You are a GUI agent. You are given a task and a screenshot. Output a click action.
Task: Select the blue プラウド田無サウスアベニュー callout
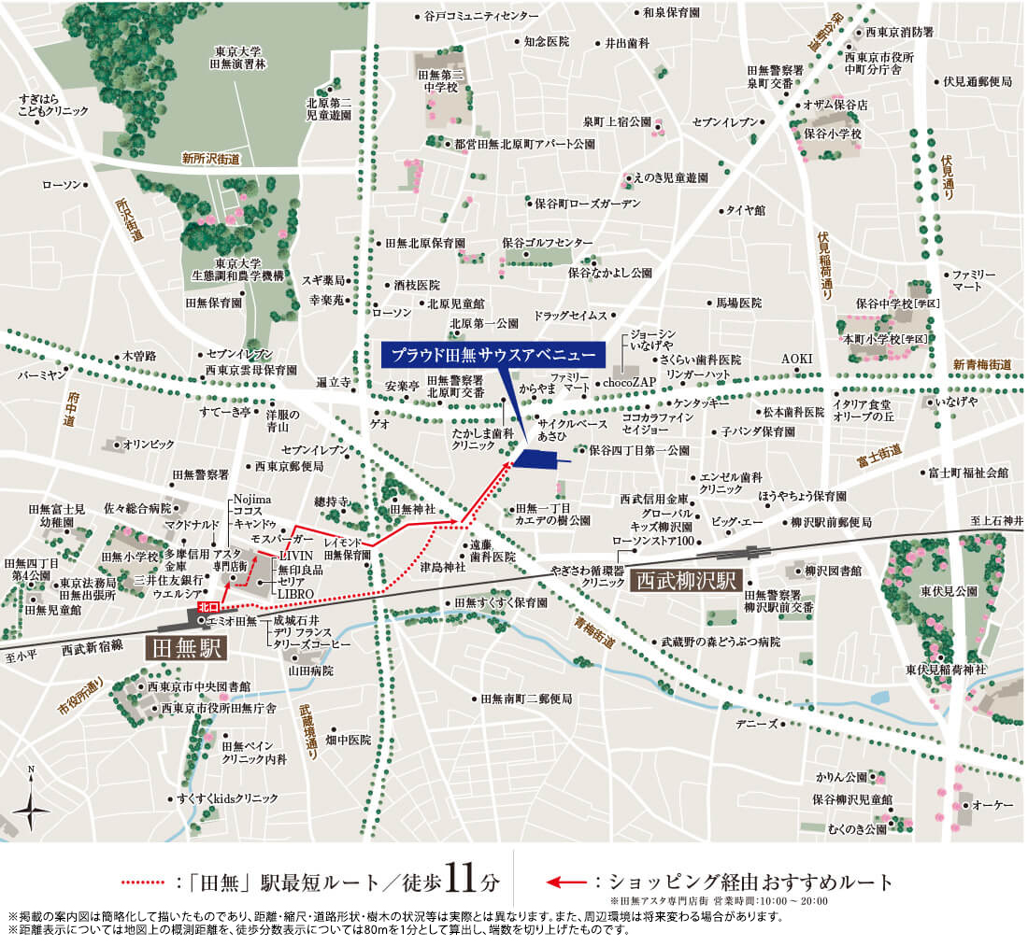tap(494, 355)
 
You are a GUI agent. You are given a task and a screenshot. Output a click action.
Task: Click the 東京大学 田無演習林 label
tap(237, 58)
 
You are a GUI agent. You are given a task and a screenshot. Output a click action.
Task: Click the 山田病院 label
tap(312, 671)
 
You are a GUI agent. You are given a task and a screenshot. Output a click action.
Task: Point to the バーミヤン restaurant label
tap(42, 374)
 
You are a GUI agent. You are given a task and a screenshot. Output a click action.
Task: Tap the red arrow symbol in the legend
tap(567, 882)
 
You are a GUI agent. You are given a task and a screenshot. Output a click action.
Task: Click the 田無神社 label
tap(414, 509)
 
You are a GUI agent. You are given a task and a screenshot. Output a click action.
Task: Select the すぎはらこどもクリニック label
tap(53, 105)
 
